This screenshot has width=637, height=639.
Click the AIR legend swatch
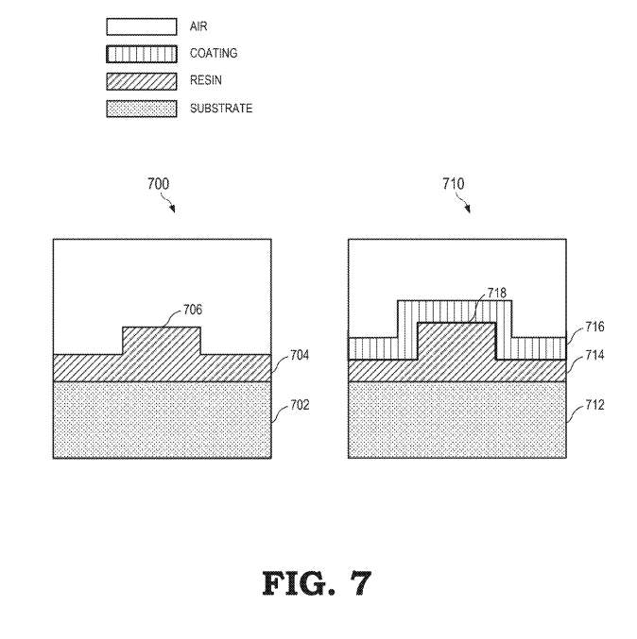[141, 27]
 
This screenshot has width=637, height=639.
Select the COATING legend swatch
[141, 54]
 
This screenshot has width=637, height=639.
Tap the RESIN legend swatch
[141, 81]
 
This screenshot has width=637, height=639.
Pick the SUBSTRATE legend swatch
[141, 109]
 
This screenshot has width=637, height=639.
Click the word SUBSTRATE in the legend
[221, 109]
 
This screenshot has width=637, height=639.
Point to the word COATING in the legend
[214, 54]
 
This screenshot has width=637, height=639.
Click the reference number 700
[159, 184]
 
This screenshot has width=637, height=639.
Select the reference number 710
[454, 184]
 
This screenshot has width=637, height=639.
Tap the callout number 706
[192, 310]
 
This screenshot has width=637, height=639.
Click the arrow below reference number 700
[170, 204]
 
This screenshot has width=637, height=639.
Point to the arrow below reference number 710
[465, 204]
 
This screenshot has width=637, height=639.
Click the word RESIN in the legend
[205, 81]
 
